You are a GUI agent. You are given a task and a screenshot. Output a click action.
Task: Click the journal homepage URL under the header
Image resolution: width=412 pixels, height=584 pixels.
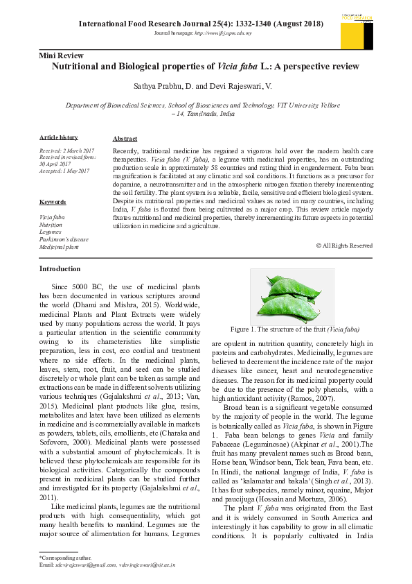tap(201, 33)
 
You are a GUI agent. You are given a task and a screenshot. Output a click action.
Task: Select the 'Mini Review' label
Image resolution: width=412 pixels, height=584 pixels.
tap(62, 55)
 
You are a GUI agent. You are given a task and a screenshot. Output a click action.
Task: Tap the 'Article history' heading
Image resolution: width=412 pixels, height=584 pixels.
tap(59, 137)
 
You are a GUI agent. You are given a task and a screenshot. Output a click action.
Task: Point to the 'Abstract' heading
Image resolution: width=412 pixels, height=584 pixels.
tap(125, 139)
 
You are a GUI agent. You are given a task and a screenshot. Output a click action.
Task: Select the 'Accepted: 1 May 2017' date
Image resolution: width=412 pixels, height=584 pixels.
tap(64, 170)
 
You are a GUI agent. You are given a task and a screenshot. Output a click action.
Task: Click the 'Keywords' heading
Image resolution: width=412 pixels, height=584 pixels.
tap(53, 202)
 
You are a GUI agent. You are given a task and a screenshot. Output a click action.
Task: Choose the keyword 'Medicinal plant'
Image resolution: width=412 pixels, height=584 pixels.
tap(59, 247)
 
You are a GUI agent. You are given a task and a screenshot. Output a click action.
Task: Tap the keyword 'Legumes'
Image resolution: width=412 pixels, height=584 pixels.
tap(51, 232)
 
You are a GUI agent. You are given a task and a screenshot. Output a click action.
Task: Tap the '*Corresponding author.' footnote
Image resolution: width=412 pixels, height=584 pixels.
tap(66, 557)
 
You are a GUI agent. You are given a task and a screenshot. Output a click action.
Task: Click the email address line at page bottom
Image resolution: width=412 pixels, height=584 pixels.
tap(107, 565)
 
